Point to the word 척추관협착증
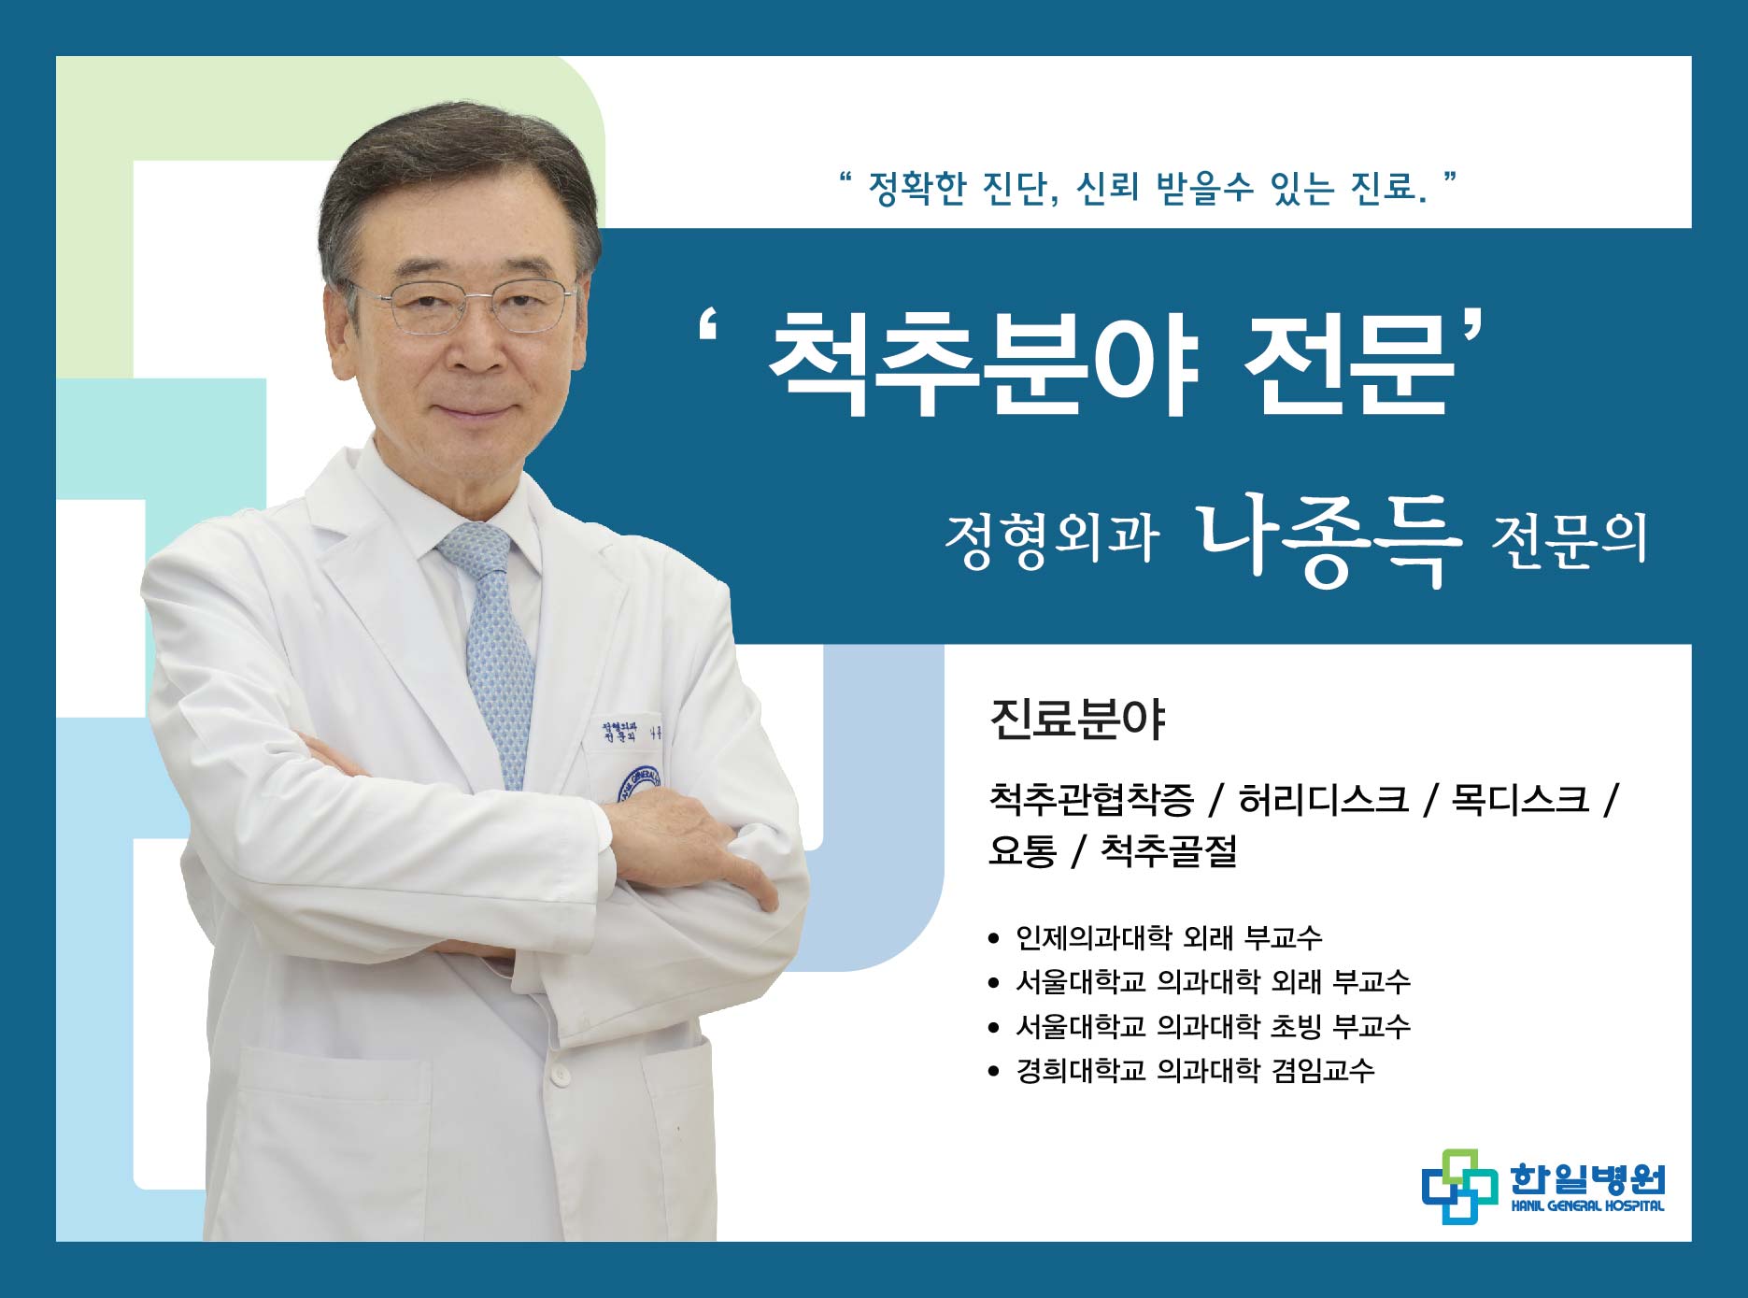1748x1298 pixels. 1091,799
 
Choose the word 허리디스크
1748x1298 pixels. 1323,799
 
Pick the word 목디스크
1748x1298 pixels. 1519,799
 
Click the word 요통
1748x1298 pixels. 1022,850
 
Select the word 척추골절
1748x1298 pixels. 1169,850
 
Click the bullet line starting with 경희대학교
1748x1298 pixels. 1181,1071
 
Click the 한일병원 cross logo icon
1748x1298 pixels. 1459,1186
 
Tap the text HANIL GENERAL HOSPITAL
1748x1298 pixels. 1587,1205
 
